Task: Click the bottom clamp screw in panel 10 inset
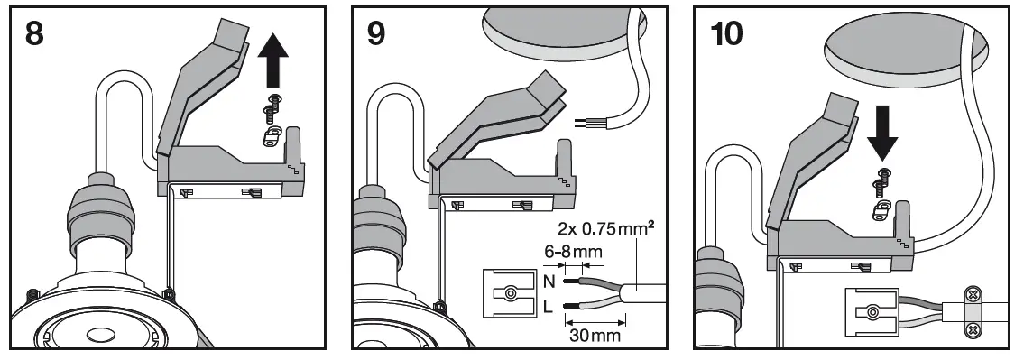point(973,332)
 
